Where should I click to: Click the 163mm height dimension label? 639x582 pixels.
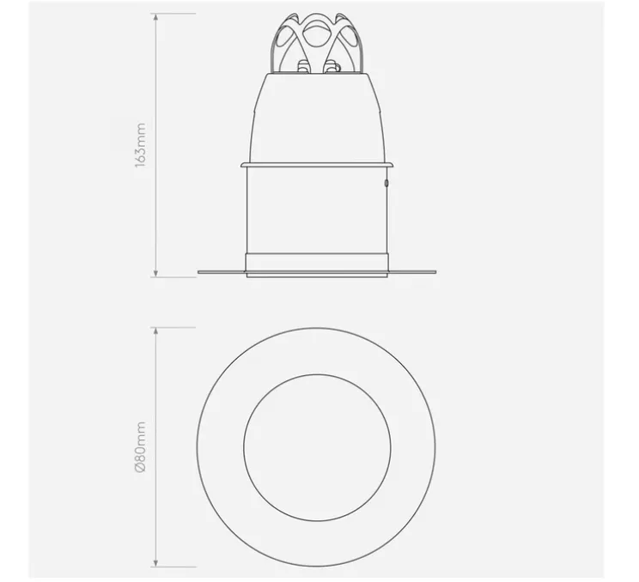pos(140,144)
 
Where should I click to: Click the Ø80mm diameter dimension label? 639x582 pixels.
pos(140,447)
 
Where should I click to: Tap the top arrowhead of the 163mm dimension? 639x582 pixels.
pos(155,17)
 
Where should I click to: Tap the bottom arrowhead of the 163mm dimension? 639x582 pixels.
pos(155,273)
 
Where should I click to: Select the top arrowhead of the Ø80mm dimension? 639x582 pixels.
pos(155,331)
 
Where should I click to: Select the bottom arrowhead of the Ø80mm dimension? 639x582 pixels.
pos(155,562)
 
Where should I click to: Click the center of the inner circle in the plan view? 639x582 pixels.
pos(317,447)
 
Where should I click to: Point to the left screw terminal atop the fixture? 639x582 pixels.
pos(302,67)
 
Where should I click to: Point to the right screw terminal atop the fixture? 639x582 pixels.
pos(331,67)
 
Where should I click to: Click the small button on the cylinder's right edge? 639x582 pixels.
pos(386,184)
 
